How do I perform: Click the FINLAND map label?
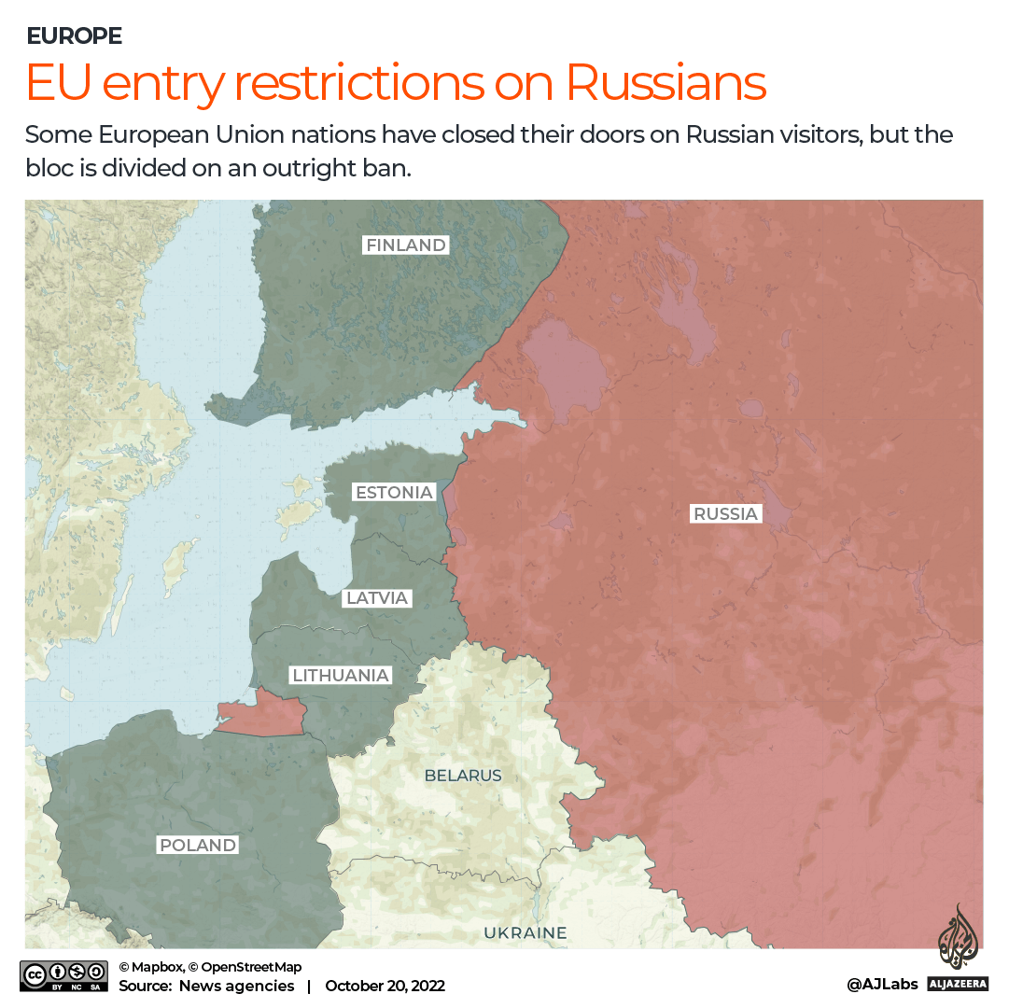(406, 245)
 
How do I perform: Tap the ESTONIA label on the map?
(395, 492)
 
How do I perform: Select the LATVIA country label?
(377, 598)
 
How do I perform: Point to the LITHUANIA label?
(340, 675)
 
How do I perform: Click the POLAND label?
(198, 846)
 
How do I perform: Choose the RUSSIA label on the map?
(725, 513)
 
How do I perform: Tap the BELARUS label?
(463, 776)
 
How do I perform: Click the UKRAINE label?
(525, 932)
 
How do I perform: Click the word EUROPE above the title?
(74, 36)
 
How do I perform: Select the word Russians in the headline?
(666, 83)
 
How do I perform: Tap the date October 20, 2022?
(385, 986)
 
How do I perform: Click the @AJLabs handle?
(882, 985)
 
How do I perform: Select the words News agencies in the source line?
(236, 986)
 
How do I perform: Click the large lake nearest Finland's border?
(562, 369)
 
